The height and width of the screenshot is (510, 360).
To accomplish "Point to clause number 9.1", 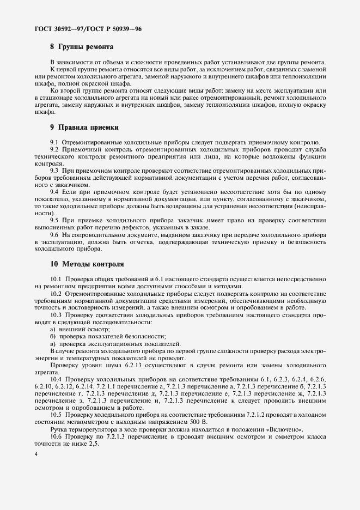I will tap(55, 142).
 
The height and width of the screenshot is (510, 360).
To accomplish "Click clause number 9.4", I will tap(55, 191).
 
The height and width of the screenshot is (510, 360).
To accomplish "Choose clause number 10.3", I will tap(56, 315).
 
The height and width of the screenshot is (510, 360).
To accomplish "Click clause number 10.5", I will tap(56, 415).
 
